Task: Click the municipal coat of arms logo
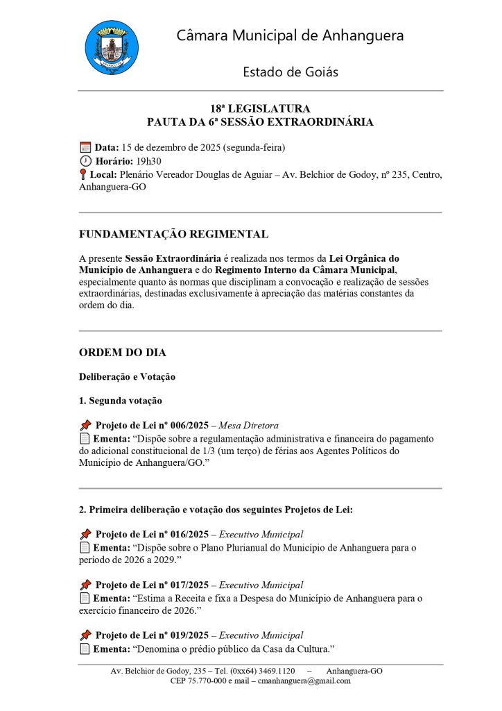tap(111, 47)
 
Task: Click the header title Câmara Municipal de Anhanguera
tap(290, 35)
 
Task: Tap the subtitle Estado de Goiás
tap(290, 72)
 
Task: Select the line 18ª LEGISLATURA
tap(260, 109)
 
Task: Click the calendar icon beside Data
tap(85, 147)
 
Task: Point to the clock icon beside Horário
tap(85, 161)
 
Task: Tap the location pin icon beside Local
tap(83, 175)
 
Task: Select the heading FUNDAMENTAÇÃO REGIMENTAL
tap(173, 235)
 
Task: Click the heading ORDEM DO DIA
tap(123, 353)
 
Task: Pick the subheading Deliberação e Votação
tap(127, 377)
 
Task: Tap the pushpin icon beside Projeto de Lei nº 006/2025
tap(85, 425)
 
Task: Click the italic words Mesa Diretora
tap(248, 426)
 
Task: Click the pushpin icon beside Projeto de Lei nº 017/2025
tap(85, 585)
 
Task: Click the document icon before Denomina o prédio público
tap(85, 649)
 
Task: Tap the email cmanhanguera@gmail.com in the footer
tap(304, 681)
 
